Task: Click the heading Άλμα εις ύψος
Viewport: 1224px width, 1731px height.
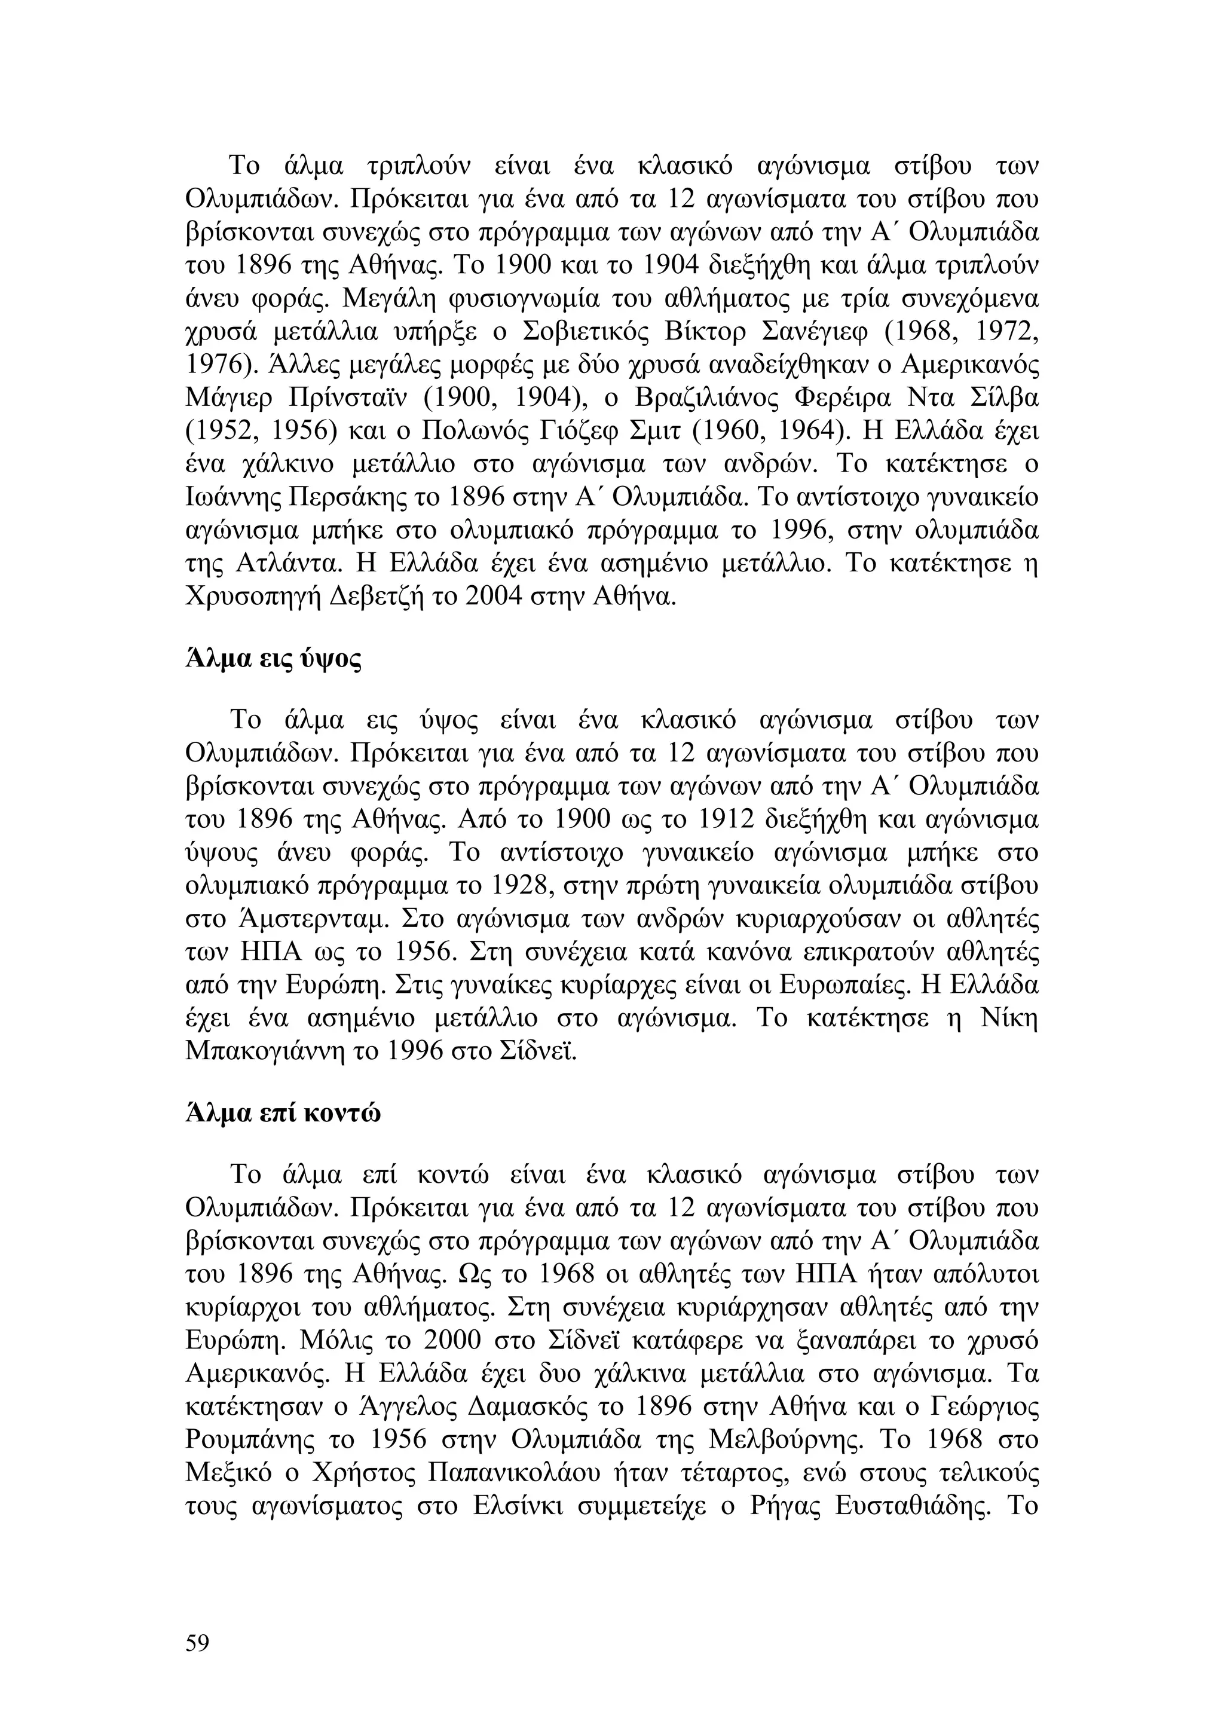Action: (x=273, y=660)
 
